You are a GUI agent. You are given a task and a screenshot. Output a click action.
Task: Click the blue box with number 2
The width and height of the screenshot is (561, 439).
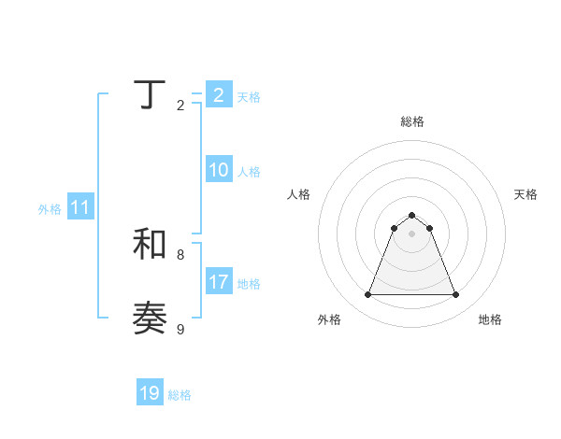218,94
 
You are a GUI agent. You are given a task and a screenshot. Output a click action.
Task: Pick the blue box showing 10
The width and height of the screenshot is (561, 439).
218,170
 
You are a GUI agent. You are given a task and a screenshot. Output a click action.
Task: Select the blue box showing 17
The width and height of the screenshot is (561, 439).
218,281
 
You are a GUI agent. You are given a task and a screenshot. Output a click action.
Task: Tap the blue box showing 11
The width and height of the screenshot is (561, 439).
79,207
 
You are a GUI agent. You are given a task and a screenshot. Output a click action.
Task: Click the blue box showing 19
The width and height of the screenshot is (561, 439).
150,393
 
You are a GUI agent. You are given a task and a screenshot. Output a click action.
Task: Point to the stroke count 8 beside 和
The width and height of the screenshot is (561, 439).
180,254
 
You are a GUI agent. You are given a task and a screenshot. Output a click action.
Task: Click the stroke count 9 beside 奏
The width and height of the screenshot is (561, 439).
180,329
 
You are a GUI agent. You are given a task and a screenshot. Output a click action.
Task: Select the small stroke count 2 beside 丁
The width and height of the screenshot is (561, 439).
180,106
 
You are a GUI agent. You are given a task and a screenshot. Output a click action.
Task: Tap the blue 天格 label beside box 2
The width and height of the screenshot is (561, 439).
249,96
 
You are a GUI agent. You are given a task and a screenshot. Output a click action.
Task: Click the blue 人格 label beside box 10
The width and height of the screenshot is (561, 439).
249,172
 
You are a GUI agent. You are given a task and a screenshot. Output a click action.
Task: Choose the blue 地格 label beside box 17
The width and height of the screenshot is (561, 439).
249,283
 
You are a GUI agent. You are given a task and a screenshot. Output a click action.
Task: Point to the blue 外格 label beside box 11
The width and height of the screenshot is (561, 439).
50,209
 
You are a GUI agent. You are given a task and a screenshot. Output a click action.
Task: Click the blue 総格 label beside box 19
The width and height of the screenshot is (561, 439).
180,395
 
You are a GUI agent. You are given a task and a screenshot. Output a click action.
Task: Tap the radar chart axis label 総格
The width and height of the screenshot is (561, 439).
411,121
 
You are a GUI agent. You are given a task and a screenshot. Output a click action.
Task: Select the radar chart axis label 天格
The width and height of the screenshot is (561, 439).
525,194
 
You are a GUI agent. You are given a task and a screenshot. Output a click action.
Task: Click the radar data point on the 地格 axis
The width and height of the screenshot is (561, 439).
455,295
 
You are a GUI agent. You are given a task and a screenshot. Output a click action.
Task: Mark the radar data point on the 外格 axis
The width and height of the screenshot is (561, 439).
367,295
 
